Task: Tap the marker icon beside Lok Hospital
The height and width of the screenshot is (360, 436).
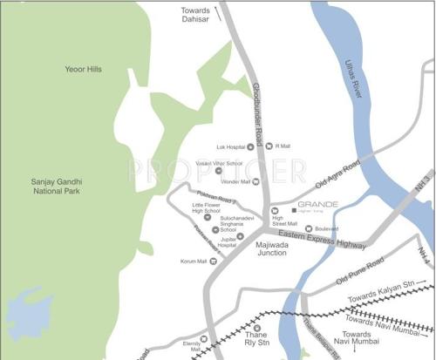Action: [250, 147]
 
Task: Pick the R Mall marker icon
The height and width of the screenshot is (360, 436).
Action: [269, 146]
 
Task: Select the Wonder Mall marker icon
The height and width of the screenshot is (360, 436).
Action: [255, 181]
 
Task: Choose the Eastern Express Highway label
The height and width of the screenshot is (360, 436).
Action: [322, 240]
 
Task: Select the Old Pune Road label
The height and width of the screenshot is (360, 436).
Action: [360, 273]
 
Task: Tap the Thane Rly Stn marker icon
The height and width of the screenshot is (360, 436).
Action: [257, 329]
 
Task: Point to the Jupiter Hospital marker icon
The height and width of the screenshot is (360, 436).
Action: [241, 236]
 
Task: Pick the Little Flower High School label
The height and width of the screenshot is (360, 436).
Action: [207, 207]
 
